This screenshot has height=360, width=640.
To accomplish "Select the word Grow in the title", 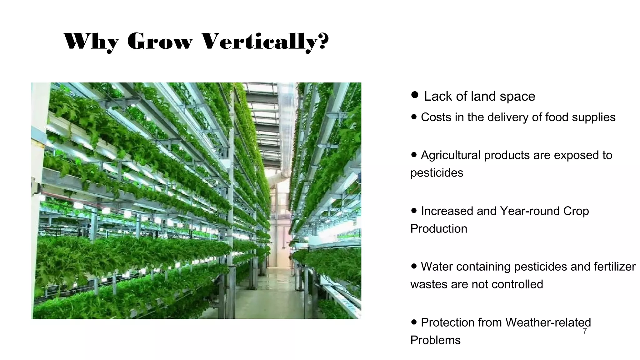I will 160,42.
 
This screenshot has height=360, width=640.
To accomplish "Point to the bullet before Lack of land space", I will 415,95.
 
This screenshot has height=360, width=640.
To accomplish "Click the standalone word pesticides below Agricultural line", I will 437,173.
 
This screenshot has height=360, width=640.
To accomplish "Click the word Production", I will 438,229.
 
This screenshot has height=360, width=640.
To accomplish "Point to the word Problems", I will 435,340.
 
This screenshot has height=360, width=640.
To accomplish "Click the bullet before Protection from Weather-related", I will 414,322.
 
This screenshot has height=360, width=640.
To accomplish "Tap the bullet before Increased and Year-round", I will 414,210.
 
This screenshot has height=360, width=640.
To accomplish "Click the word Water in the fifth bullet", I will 437,267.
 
